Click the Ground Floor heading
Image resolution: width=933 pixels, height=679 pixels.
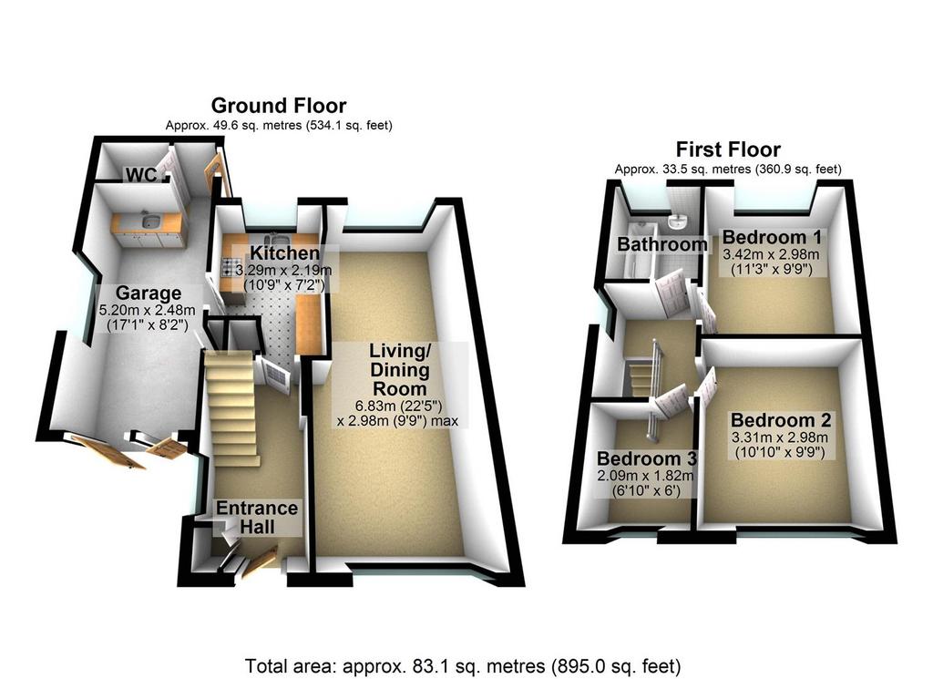(x=279, y=106)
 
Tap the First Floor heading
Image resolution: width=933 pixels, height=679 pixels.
(x=728, y=149)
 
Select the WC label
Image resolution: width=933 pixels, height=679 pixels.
(x=141, y=174)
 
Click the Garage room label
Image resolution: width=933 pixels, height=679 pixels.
(x=149, y=293)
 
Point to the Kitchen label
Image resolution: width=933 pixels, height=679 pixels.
(x=284, y=252)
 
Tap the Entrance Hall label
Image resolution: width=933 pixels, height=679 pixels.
(x=257, y=517)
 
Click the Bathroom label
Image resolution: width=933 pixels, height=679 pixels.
(x=662, y=244)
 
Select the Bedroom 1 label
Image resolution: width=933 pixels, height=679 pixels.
(x=772, y=237)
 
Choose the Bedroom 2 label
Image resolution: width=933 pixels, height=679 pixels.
(x=781, y=420)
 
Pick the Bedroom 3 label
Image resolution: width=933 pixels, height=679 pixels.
(x=646, y=458)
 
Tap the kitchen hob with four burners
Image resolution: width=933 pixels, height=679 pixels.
(x=230, y=268)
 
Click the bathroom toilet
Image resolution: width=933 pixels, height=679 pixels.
(x=677, y=222)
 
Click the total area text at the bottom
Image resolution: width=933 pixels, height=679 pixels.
(x=463, y=665)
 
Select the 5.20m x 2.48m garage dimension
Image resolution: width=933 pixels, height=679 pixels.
(x=148, y=310)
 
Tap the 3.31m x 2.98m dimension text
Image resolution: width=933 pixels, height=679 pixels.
(x=780, y=438)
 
